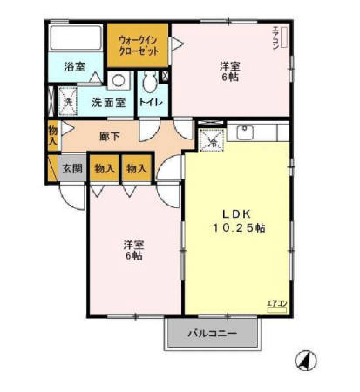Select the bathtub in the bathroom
(x=75, y=39)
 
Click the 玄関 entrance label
(x=71, y=166)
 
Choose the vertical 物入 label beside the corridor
(x=52, y=134)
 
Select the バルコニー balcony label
(x=214, y=334)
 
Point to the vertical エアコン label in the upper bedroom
(x=275, y=40)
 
